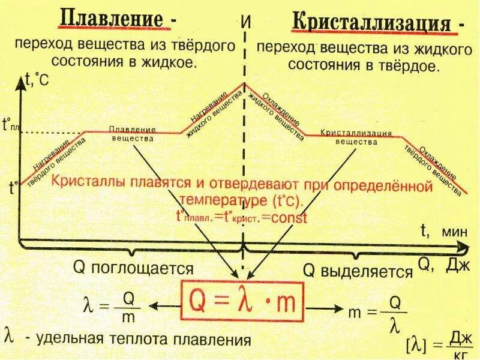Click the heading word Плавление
pyautogui.click(x=111, y=18)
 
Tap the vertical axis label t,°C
pyautogui.click(x=37, y=79)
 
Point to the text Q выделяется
pyautogui.click(x=358, y=271)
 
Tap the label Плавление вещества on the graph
pyautogui.click(x=133, y=134)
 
